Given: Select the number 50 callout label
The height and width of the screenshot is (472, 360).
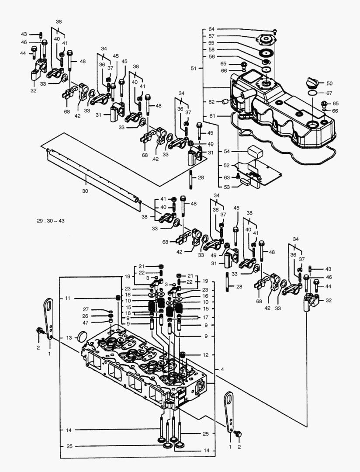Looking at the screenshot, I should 329,83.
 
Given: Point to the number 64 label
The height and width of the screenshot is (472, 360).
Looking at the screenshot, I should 211,29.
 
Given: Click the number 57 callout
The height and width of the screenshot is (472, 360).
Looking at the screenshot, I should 211,36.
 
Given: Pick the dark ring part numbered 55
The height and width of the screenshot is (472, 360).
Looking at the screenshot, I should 265,53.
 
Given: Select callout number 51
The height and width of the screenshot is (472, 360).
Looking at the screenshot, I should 194,69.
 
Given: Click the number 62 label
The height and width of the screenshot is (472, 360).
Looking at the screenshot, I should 211,102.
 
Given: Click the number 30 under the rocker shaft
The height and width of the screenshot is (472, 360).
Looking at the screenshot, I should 85,191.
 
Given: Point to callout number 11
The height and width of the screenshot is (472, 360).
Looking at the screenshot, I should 68,298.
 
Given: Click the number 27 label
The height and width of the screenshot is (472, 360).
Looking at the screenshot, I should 86,309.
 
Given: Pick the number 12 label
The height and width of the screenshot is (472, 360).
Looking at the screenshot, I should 205,354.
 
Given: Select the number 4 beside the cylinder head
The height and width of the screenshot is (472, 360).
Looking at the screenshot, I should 222,370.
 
